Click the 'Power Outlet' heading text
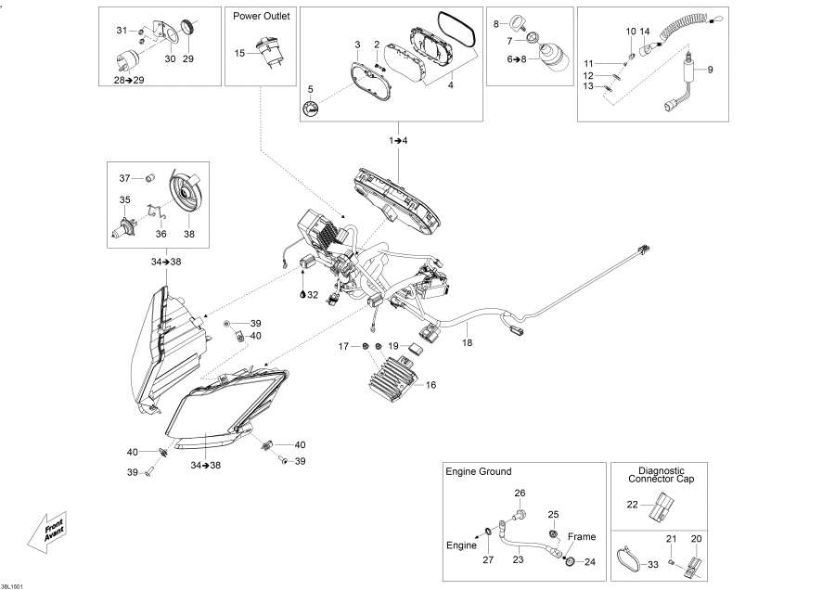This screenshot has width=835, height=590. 262,17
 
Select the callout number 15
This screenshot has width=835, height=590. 240,53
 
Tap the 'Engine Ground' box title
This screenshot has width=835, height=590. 478,472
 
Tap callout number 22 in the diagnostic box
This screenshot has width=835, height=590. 632,506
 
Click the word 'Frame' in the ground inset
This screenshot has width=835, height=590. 582,536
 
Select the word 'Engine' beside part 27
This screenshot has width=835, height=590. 462,545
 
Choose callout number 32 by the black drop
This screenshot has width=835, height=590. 313,295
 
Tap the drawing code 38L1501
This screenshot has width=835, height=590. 15,584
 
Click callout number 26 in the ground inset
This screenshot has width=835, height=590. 520,493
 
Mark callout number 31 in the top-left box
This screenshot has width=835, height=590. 121,31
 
